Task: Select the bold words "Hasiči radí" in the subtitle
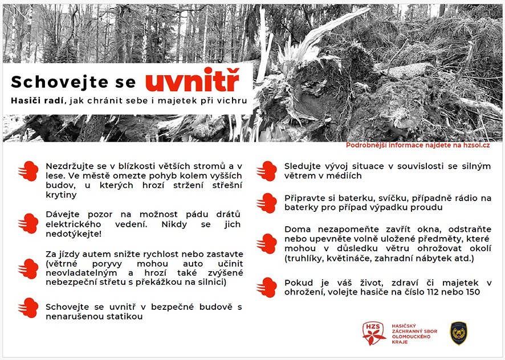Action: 38,101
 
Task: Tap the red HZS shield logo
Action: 374,333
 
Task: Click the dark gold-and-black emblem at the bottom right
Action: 458,333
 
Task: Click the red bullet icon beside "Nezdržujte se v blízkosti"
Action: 28,171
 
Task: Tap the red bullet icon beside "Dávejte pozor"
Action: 28,223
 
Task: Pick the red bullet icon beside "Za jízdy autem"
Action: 28,268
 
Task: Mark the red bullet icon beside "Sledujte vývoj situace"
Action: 266,171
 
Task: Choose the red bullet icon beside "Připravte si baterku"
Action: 266,203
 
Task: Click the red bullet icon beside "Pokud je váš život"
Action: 266,287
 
